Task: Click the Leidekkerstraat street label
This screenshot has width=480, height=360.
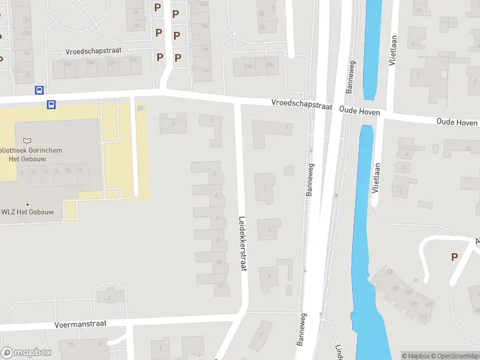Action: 243,244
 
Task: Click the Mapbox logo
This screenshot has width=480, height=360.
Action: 25,353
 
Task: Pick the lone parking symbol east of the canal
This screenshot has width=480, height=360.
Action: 454,257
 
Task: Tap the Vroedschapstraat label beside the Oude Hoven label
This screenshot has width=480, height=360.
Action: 302,105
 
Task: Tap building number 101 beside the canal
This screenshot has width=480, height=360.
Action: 390,272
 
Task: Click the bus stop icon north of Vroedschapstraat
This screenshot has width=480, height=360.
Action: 39,90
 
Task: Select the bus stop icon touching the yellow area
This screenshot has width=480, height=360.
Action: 52,104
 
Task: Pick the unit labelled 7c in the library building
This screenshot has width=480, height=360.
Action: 57,172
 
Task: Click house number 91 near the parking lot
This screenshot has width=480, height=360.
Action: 416,280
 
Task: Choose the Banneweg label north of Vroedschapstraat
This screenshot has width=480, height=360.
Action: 348,78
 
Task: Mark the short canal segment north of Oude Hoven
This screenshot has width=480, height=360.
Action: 373,48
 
